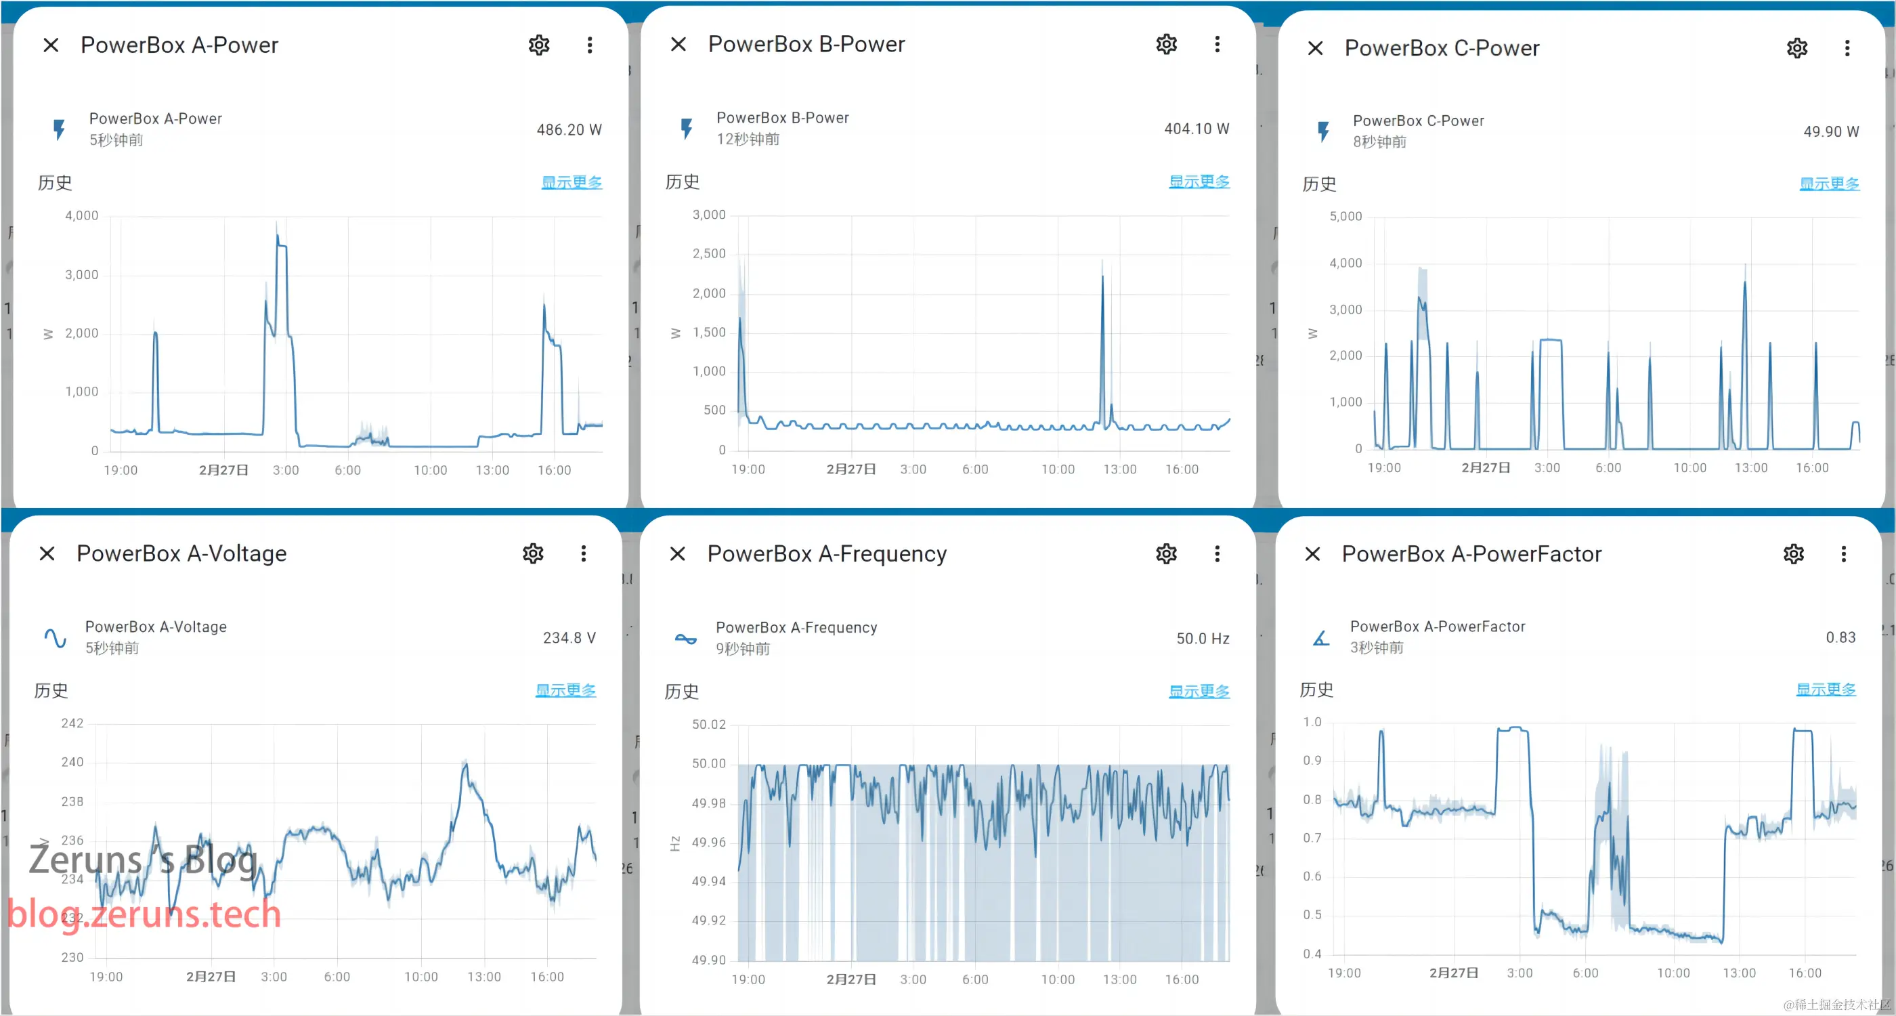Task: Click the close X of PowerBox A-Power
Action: click(x=51, y=45)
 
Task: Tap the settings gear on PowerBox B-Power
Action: click(x=1166, y=44)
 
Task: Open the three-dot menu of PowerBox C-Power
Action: click(x=1847, y=49)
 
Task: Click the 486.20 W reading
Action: click(x=568, y=129)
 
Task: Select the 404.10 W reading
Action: click(x=1196, y=129)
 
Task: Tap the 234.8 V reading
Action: click(x=569, y=637)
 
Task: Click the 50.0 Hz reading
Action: click(x=1202, y=638)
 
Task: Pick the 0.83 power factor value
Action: click(x=1840, y=637)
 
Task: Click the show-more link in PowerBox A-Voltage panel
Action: click(x=565, y=690)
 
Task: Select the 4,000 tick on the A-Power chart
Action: click(x=82, y=215)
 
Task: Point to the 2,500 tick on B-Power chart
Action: click(x=709, y=254)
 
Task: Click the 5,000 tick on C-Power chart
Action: click(x=1345, y=217)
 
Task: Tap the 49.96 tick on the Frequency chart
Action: click(x=708, y=842)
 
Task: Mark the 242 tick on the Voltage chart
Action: click(x=72, y=723)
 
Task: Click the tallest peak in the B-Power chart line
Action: click(x=1102, y=276)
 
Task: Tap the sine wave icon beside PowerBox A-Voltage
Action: click(x=56, y=637)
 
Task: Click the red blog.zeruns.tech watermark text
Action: click(x=144, y=914)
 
